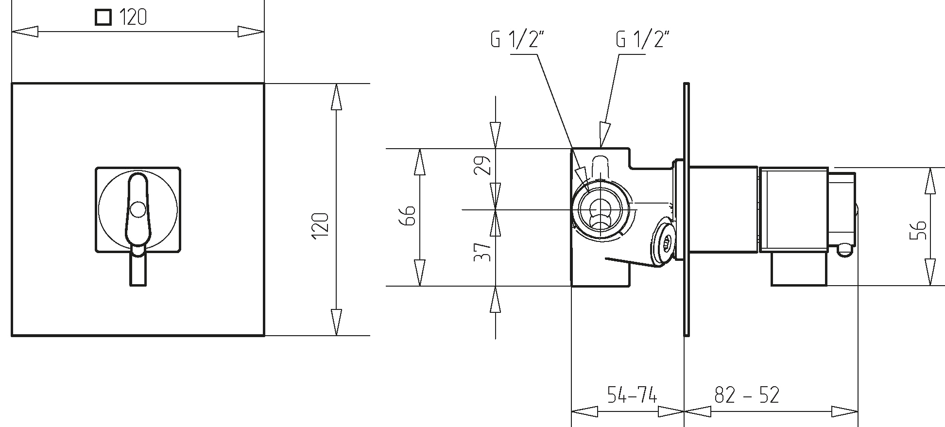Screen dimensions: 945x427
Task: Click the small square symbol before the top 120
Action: (103, 18)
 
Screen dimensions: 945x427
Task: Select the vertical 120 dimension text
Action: (321, 225)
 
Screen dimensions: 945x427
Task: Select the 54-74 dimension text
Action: (632, 395)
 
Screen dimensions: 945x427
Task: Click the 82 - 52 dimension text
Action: (747, 395)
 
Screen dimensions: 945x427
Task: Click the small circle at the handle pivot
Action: (138, 210)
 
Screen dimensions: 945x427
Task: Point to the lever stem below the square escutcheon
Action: (137, 270)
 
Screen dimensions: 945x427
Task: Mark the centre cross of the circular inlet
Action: (601, 209)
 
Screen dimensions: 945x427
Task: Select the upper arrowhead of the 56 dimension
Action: (930, 181)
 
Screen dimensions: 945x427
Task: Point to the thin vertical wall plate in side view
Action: (686, 209)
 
